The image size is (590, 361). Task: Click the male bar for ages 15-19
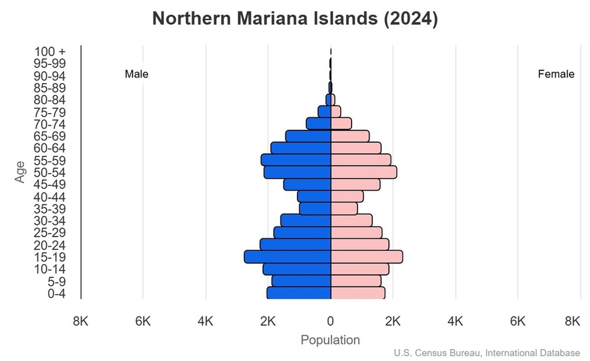(x=288, y=257)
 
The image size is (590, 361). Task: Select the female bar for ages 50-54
(x=364, y=173)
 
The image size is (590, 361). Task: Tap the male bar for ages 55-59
(x=296, y=160)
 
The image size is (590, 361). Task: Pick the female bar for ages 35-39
(x=344, y=209)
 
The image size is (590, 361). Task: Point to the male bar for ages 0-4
(x=299, y=293)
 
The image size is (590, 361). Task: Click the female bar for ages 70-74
(x=341, y=124)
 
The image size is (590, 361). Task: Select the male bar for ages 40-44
(x=314, y=197)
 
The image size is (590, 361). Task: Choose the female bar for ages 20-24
(x=359, y=245)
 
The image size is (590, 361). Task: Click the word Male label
(x=137, y=74)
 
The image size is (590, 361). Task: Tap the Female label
(x=556, y=74)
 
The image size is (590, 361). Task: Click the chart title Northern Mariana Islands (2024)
(x=295, y=19)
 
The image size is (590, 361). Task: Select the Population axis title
(x=330, y=340)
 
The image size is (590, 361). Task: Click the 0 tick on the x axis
(x=331, y=321)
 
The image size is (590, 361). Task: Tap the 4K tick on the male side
(x=205, y=321)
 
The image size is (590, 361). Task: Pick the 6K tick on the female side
(x=518, y=321)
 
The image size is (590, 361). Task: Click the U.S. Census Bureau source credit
(x=488, y=353)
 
